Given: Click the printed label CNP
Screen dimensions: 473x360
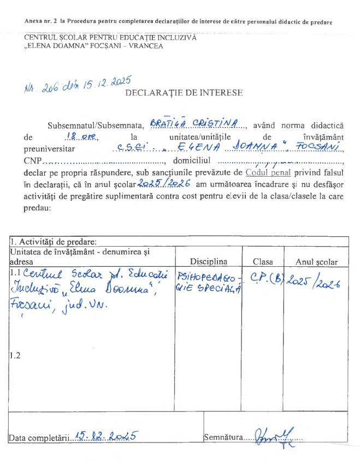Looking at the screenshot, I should (x=32, y=161).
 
